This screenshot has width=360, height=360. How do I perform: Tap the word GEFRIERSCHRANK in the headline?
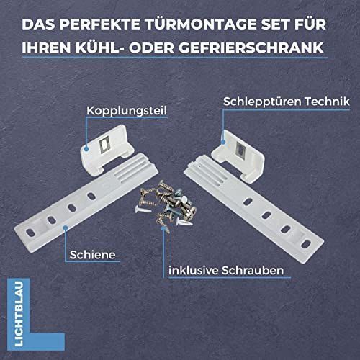(x=251, y=48)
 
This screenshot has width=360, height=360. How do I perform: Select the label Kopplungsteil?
(x=127, y=111)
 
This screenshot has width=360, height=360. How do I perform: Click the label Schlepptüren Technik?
(x=287, y=102)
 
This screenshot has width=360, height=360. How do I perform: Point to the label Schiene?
(x=92, y=255)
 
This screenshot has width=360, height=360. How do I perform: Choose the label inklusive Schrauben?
(x=226, y=271)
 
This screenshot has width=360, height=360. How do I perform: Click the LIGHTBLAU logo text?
(x=19, y=314)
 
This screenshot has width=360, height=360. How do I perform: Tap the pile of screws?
(x=166, y=205)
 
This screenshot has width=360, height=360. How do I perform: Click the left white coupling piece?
(x=107, y=149)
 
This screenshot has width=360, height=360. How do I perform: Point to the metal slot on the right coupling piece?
(x=240, y=150)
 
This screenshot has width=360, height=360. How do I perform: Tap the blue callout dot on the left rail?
(x=65, y=228)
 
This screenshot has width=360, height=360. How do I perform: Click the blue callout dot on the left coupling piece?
(x=86, y=149)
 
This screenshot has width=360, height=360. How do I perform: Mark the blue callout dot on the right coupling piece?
(x=223, y=142)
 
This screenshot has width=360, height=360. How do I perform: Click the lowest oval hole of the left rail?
(x=30, y=233)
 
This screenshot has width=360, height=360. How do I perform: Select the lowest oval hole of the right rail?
(x=305, y=244)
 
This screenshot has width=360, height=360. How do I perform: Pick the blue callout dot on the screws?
(x=163, y=228)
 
